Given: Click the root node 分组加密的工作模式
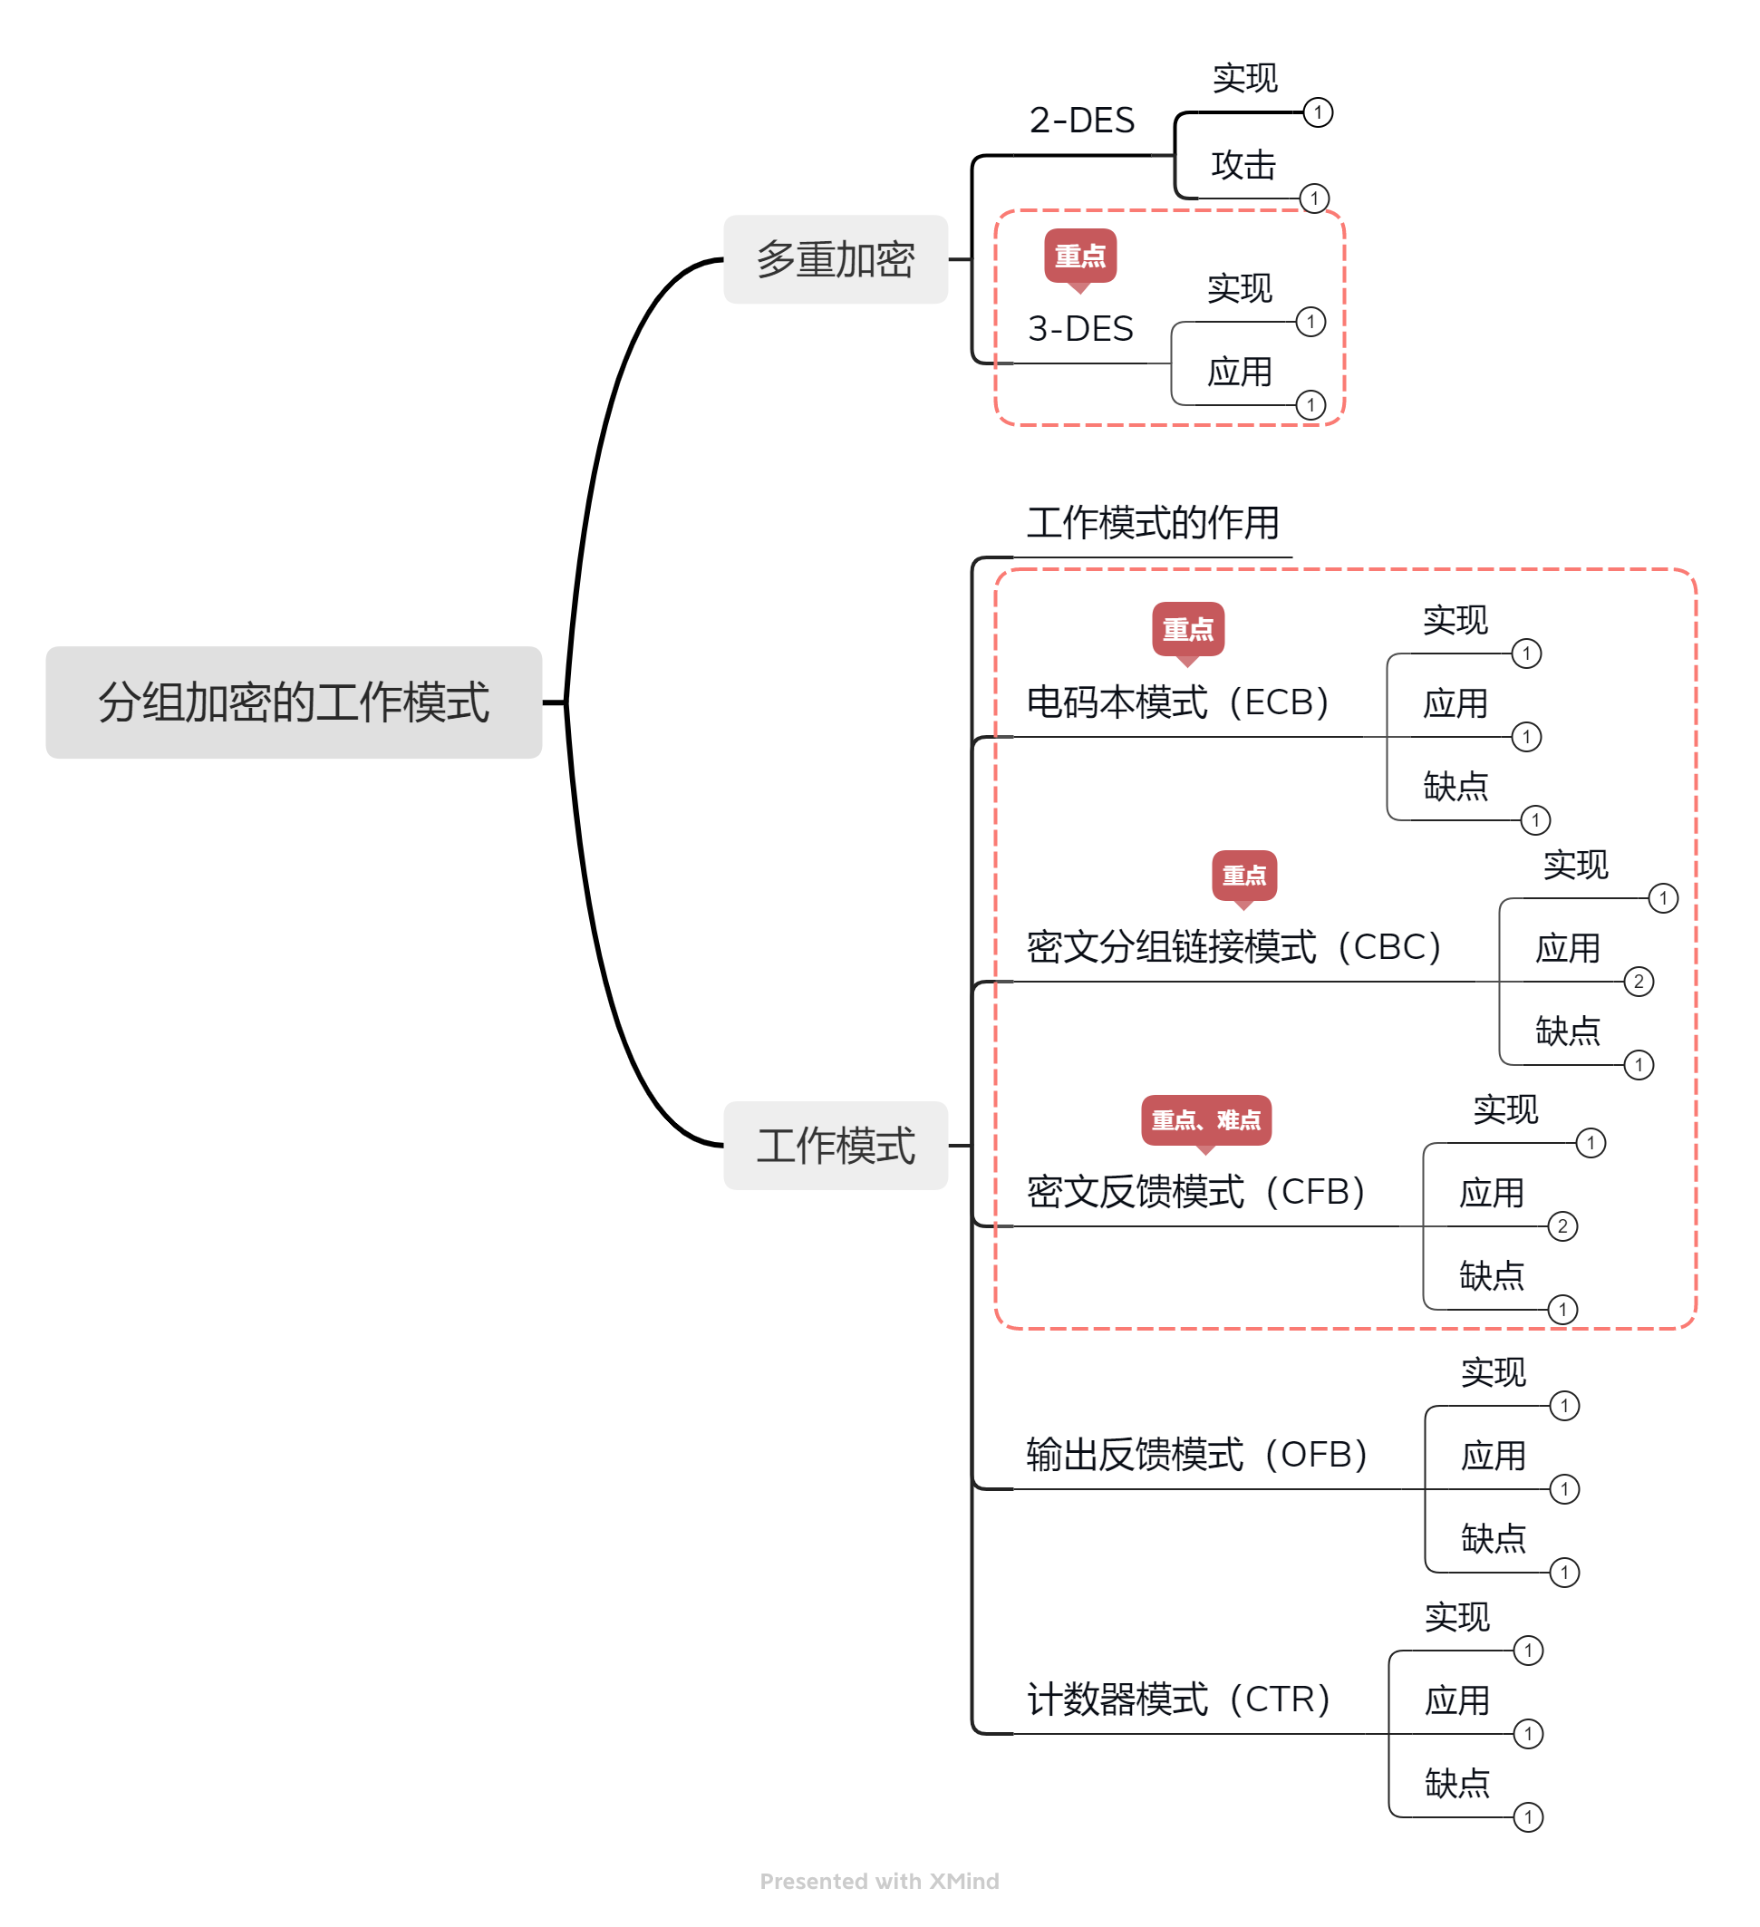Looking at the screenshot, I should pyautogui.click(x=294, y=702).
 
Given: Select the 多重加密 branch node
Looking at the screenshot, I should pyautogui.click(x=835, y=259).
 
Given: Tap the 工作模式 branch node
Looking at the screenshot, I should pyautogui.click(x=835, y=1145).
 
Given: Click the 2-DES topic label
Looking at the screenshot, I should pyautogui.click(x=1081, y=121).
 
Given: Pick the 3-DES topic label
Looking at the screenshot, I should pyautogui.click(x=1080, y=329).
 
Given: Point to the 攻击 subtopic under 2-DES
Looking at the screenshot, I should pyautogui.click(x=1243, y=165).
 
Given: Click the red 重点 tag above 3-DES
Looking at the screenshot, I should pyautogui.click(x=1079, y=257).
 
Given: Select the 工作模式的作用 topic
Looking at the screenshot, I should pyautogui.click(x=1152, y=523).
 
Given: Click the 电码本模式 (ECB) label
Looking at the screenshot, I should pyautogui.click(x=1177, y=702).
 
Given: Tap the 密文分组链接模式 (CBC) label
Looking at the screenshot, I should pyautogui.click(x=1233, y=947).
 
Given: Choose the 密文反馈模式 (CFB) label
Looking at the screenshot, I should pyautogui.click(x=1195, y=1192).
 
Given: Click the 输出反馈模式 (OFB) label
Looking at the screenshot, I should pyautogui.click(x=1196, y=1455).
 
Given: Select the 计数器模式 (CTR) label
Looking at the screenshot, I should pyautogui.click(x=1178, y=1699).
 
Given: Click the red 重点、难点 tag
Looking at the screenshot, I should pyautogui.click(x=1206, y=1119).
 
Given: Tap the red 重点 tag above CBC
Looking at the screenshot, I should pyautogui.click(x=1244, y=875).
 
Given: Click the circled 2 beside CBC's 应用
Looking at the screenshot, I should pyautogui.click(x=1639, y=982).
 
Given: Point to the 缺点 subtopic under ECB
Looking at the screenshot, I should pyautogui.click(x=1455, y=787).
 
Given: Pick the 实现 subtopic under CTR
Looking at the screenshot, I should pyautogui.click(x=1457, y=1617).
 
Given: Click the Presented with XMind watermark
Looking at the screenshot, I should pyautogui.click(x=879, y=1881).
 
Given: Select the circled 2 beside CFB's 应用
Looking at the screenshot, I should pyautogui.click(x=1562, y=1226).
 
